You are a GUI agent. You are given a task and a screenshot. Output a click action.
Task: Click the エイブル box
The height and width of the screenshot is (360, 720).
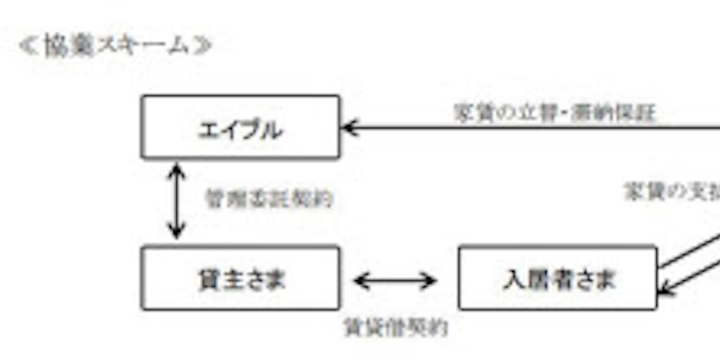pos(240,127)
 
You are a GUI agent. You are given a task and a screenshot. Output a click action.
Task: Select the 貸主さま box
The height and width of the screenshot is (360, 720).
pos(240,278)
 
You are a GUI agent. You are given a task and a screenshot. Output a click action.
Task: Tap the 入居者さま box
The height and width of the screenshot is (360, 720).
pos(557,278)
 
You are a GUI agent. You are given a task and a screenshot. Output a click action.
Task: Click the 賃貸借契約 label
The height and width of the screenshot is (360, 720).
pos(395,327)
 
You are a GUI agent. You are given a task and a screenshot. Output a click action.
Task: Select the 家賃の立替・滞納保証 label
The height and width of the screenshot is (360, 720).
pos(554,113)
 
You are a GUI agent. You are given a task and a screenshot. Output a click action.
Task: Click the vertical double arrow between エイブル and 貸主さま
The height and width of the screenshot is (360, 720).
pos(176,201)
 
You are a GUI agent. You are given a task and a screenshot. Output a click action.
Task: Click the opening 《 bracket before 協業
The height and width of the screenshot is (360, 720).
pos(28,47)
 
